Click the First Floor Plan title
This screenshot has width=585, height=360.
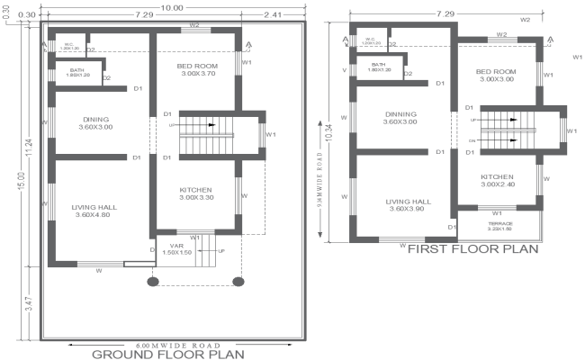472,248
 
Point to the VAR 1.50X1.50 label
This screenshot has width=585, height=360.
176,249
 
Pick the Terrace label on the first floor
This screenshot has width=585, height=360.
499,225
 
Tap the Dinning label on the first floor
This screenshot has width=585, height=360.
400,115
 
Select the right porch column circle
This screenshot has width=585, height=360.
238,281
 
